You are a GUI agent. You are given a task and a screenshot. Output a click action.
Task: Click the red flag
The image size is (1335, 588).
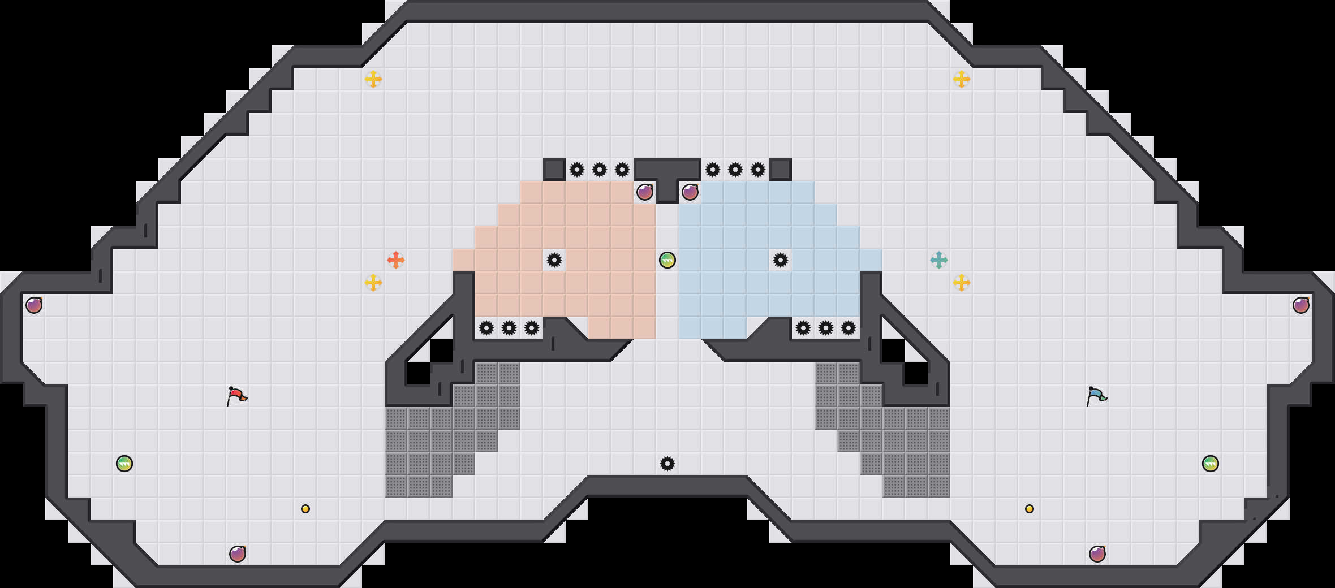coord(236,396)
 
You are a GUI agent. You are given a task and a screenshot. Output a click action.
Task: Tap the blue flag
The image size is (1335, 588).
coord(1096,396)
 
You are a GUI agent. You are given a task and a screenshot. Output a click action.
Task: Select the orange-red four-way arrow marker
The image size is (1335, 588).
coord(396,260)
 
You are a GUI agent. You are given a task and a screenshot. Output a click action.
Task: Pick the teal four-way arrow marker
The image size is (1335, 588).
coord(939,260)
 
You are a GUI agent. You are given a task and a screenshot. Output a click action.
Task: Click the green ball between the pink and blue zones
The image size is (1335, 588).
coord(667,260)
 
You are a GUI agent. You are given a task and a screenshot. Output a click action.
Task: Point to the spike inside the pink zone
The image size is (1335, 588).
coord(554,260)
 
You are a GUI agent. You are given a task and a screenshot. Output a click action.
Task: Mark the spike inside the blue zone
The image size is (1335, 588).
coord(781,260)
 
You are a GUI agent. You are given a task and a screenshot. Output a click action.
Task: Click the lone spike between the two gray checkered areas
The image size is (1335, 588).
coord(667,464)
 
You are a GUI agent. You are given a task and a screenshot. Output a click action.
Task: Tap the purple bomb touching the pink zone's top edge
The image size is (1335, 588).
coord(645,192)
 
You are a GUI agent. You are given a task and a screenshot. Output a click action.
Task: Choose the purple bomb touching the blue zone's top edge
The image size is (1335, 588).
coord(690,192)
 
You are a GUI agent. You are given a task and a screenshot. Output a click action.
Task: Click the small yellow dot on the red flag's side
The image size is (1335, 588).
coord(305,509)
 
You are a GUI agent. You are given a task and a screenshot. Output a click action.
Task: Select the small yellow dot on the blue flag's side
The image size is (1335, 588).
coord(1030,509)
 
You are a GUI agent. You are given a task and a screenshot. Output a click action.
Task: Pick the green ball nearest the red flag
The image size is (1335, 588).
coord(124,464)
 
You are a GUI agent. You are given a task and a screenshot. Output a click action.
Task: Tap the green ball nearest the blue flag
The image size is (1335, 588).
coord(1211,464)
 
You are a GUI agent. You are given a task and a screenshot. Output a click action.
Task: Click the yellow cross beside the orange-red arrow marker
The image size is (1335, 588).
coord(373,283)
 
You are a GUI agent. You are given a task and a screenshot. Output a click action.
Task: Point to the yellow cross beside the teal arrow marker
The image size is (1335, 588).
coord(962,283)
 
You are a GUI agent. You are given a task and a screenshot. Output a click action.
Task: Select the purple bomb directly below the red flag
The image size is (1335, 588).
coord(238,554)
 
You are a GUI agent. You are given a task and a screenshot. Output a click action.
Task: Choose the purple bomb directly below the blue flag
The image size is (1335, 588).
coord(1097,554)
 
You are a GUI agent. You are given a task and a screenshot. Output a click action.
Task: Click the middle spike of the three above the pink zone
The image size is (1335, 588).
coord(600,170)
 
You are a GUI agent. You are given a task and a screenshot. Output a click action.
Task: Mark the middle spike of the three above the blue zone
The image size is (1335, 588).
coord(735,170)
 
